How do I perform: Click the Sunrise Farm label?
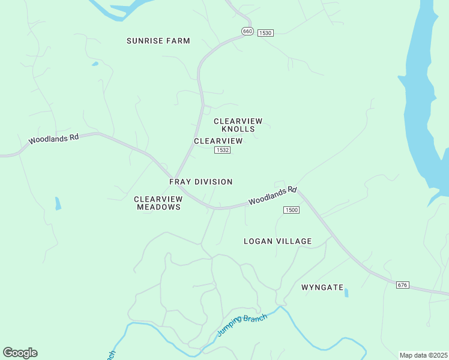point(158,41)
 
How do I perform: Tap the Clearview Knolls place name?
point(238,125)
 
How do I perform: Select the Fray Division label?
point(200,182)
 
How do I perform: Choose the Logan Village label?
point(277,241)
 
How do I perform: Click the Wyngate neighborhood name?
point(322,287)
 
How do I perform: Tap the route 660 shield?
point(248,31)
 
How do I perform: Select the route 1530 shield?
point(265,32)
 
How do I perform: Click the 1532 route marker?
point(222,150)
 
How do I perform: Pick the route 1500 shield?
point(291,210)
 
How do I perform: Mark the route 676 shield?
point(403,284)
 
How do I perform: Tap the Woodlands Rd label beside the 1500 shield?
point(273,196)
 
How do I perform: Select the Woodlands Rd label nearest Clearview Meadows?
point(54,139)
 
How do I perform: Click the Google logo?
point(20,353)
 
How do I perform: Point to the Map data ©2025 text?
point(423,355)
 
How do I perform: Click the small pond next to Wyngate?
point(347,293)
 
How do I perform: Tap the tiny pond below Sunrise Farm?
point(95,64)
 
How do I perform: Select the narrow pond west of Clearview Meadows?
point(58,203)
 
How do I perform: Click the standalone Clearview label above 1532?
point(218,141)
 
